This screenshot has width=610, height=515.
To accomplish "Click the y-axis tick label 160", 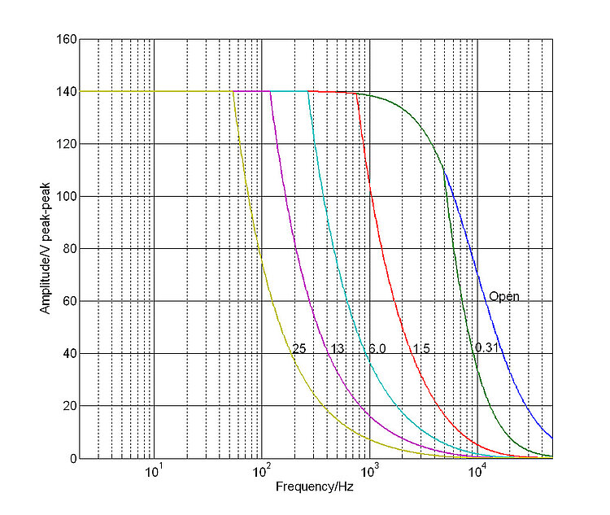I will click(65, 39).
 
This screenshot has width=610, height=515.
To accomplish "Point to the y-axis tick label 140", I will click(65, 92).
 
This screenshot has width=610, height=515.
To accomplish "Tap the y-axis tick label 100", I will click(65, 196).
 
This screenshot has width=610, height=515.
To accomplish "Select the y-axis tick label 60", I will click(68, 301).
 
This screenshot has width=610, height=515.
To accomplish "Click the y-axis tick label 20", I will click(68, 406).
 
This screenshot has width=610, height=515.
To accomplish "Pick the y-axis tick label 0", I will click(72, 458).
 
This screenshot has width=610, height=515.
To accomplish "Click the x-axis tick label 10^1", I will click(153, 472).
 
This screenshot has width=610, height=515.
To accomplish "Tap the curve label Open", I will click(503, 296).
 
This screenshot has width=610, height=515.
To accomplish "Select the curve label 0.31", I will click(486, 348).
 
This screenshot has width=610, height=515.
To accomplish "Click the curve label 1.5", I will click(420, 348).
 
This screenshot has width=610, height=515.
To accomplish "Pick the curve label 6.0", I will click(377, 348).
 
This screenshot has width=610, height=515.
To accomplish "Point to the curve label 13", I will click(337, 348).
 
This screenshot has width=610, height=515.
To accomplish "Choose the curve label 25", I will click(298, 348).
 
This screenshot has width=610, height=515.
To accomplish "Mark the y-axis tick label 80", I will click(68, 249).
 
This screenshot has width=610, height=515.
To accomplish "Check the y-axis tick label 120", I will click(65, 144).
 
